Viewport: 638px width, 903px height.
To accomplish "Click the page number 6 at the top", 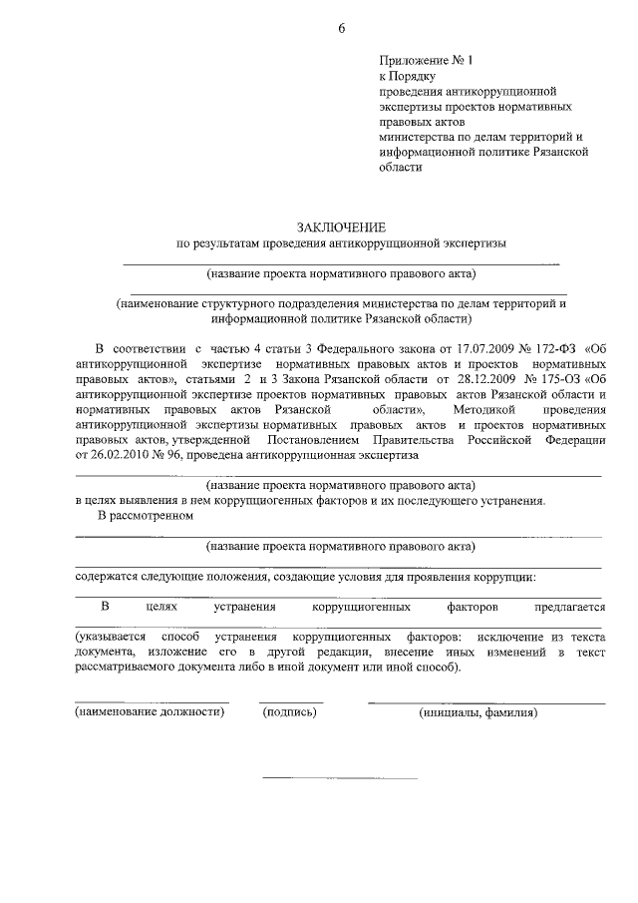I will (341, 27).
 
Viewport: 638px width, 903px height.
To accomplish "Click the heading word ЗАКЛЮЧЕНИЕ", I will (339, 228).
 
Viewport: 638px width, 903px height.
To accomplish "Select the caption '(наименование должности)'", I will (152, 712).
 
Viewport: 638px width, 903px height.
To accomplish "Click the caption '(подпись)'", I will (289, 712).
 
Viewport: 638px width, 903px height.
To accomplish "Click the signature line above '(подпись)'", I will (291, 702).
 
